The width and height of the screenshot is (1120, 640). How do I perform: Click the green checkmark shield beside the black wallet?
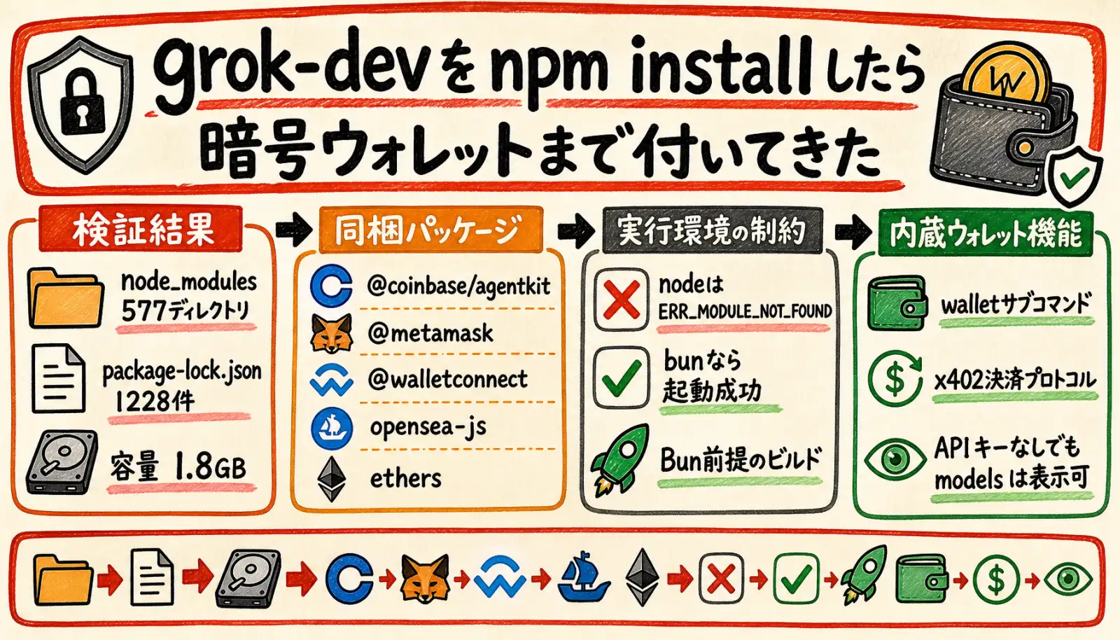point(1075,176)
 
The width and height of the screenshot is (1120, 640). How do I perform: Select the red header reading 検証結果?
point(141,229)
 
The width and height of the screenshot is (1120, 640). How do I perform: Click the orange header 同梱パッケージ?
point(430,230)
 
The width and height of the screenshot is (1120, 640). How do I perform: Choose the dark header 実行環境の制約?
point(713,231)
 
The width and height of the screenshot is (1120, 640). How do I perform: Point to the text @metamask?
point(430,333)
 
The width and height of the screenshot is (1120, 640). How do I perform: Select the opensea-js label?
point(428,428)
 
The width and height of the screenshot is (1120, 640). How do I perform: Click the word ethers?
point(405,478)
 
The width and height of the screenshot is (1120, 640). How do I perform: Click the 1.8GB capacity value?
point(210,468)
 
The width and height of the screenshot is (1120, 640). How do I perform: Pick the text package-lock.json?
point(182,372)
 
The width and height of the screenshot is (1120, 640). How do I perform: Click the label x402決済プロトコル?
point(1015,381)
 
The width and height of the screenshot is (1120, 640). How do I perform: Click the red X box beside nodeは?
point(622,299)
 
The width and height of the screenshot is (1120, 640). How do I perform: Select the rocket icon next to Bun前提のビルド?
point(620,460)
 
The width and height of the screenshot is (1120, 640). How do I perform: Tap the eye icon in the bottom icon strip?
point(1068,580)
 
